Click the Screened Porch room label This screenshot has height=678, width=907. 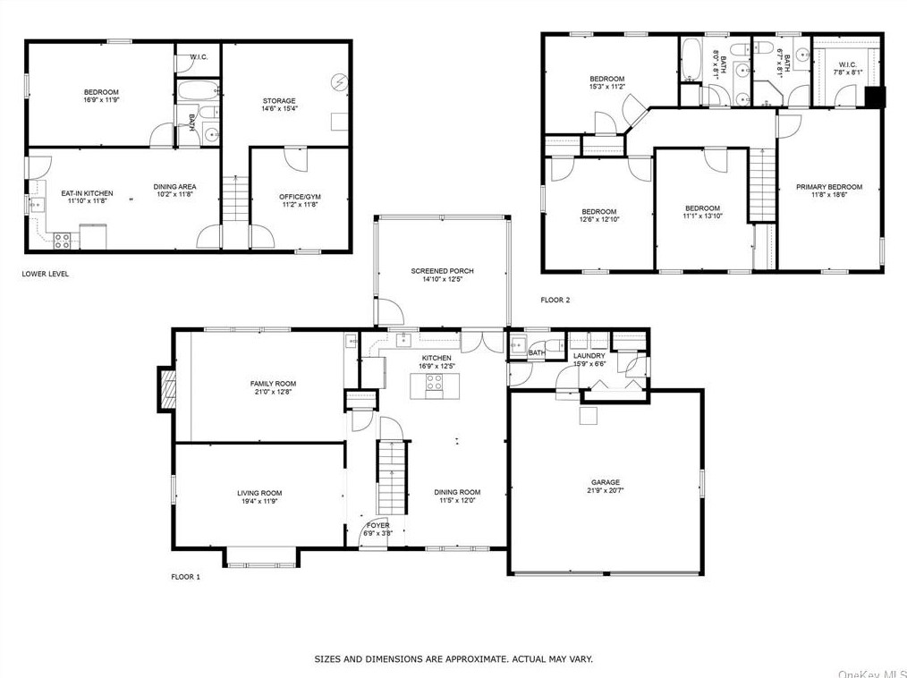[442, 271]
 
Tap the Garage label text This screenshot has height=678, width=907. [605, 482]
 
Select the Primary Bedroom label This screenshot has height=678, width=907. [829, 187]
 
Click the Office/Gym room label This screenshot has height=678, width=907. [300, 197]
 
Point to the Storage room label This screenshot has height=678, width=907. [279, 101]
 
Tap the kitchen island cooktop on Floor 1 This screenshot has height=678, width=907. [435, 383]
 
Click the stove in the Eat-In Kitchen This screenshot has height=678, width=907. [62, 241]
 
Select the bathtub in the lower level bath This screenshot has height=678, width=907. [198, 89]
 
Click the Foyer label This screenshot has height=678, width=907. [378, 525]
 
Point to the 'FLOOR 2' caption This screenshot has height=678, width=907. [555, 300]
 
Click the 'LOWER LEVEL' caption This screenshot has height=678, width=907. [45, 274]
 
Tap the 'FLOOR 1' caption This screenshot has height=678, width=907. [186, 576]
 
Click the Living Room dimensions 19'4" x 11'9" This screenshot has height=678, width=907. [259, 502]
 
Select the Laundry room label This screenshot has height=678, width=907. [589, 356]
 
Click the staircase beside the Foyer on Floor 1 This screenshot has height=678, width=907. [393, 478]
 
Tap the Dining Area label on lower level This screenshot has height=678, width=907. [174, 187]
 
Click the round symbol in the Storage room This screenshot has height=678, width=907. [338, 82]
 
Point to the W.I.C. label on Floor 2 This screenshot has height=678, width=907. [847, 64]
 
